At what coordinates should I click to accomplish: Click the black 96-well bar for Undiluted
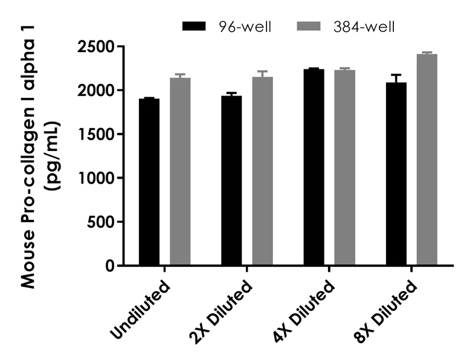[x=149, y=182]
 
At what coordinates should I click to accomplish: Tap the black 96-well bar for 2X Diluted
[x=231, y=181]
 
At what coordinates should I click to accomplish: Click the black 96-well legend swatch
[x=194, y=26]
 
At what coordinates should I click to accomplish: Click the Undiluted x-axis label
[x=140, y=307]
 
